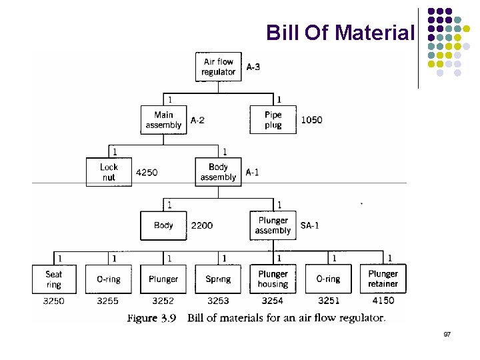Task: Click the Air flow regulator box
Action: point(218,67)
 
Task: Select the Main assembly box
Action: point(163,120)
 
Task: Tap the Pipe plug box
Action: point(273,120)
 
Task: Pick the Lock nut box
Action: point(109,172)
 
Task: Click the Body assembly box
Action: point(218,172)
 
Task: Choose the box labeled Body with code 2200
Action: point(163,225)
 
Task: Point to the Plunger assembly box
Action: point(273,225)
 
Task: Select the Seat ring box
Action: point(54,279)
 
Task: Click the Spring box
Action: point(218,279)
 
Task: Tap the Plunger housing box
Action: point(273,279)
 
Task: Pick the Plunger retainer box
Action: point(383,279)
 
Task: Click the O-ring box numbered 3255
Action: point(109,279)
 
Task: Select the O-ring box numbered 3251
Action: point(327,279)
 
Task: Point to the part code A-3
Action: point(253,67)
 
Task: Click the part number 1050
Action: point(311,120)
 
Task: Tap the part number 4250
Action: point(147,173)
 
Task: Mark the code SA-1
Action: point(310,225)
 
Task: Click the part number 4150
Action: point(383,301)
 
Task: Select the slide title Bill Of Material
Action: point(340,32)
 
